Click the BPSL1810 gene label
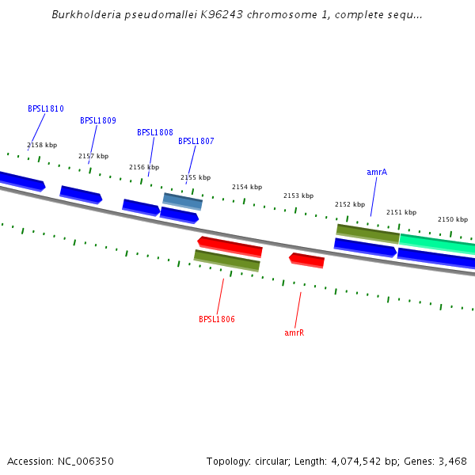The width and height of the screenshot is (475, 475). [x=46, y=108]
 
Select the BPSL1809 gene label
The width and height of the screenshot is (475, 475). [x=98, y=121]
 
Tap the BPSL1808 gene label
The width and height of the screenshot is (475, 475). [x=155, y=132]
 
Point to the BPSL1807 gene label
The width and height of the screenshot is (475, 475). [x=196, y=142]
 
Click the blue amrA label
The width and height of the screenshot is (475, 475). [x=377, y=172]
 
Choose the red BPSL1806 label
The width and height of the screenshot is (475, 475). [x=217, y=320]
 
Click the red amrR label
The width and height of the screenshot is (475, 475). [x=294, y=333]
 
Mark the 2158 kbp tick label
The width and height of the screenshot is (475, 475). [x=42, y=145]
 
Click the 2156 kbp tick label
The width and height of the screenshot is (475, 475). [x=144, y=167]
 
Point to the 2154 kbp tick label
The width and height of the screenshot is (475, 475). [x=247, y=188]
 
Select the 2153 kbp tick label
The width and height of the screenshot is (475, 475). [x=298, y=196]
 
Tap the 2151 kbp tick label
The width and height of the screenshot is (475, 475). [x=401, y=212]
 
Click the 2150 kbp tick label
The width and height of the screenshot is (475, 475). [x=453, y=219]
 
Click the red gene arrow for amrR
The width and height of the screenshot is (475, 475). [x=307, y=260]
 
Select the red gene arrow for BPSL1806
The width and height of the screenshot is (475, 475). [x=230, y=246]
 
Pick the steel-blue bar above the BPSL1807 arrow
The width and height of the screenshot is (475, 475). [x=183, y=201]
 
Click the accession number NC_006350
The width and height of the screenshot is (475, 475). [x=85, y=461]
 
